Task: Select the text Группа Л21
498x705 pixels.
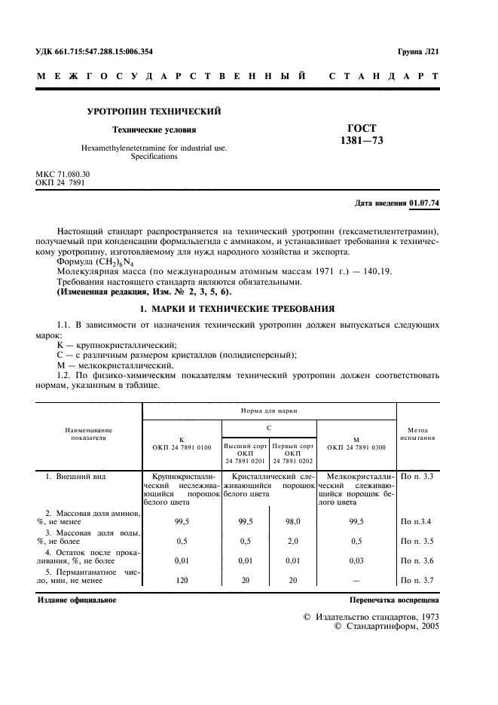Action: [x=419, y=51]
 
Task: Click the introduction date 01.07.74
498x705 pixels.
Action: [x=425, y=203]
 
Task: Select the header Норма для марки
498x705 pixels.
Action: [x=269, y=412]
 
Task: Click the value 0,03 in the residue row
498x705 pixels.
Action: [x=356, y=560]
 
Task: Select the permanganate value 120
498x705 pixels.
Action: [x=181, y=580]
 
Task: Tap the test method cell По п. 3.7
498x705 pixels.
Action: [x=417, y=580]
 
